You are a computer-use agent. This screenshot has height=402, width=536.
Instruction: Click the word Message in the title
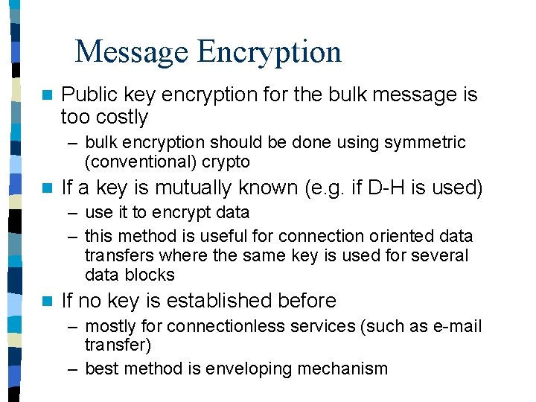coord(132,52)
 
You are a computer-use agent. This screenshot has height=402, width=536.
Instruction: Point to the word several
coord(441,256)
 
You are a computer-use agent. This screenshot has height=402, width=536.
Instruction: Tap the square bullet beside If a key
coord(48,188)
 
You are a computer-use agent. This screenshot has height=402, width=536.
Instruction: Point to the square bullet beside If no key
coord(48,301)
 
